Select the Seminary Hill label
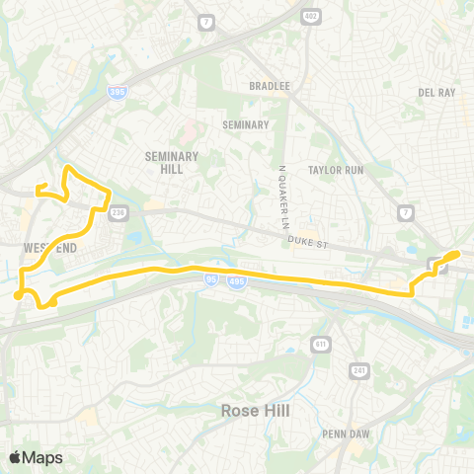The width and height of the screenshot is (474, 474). (172, 162)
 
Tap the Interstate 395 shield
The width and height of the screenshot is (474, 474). (116, 91)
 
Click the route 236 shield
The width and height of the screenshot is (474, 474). (119, 211)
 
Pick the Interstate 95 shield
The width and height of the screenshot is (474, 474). (212, 280)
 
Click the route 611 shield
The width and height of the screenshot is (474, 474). (321, 343)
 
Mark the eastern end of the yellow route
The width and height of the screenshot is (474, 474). (456, 254)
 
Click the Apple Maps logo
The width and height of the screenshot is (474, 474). (36, 457)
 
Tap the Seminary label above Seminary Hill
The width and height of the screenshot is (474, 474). (246, 125)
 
